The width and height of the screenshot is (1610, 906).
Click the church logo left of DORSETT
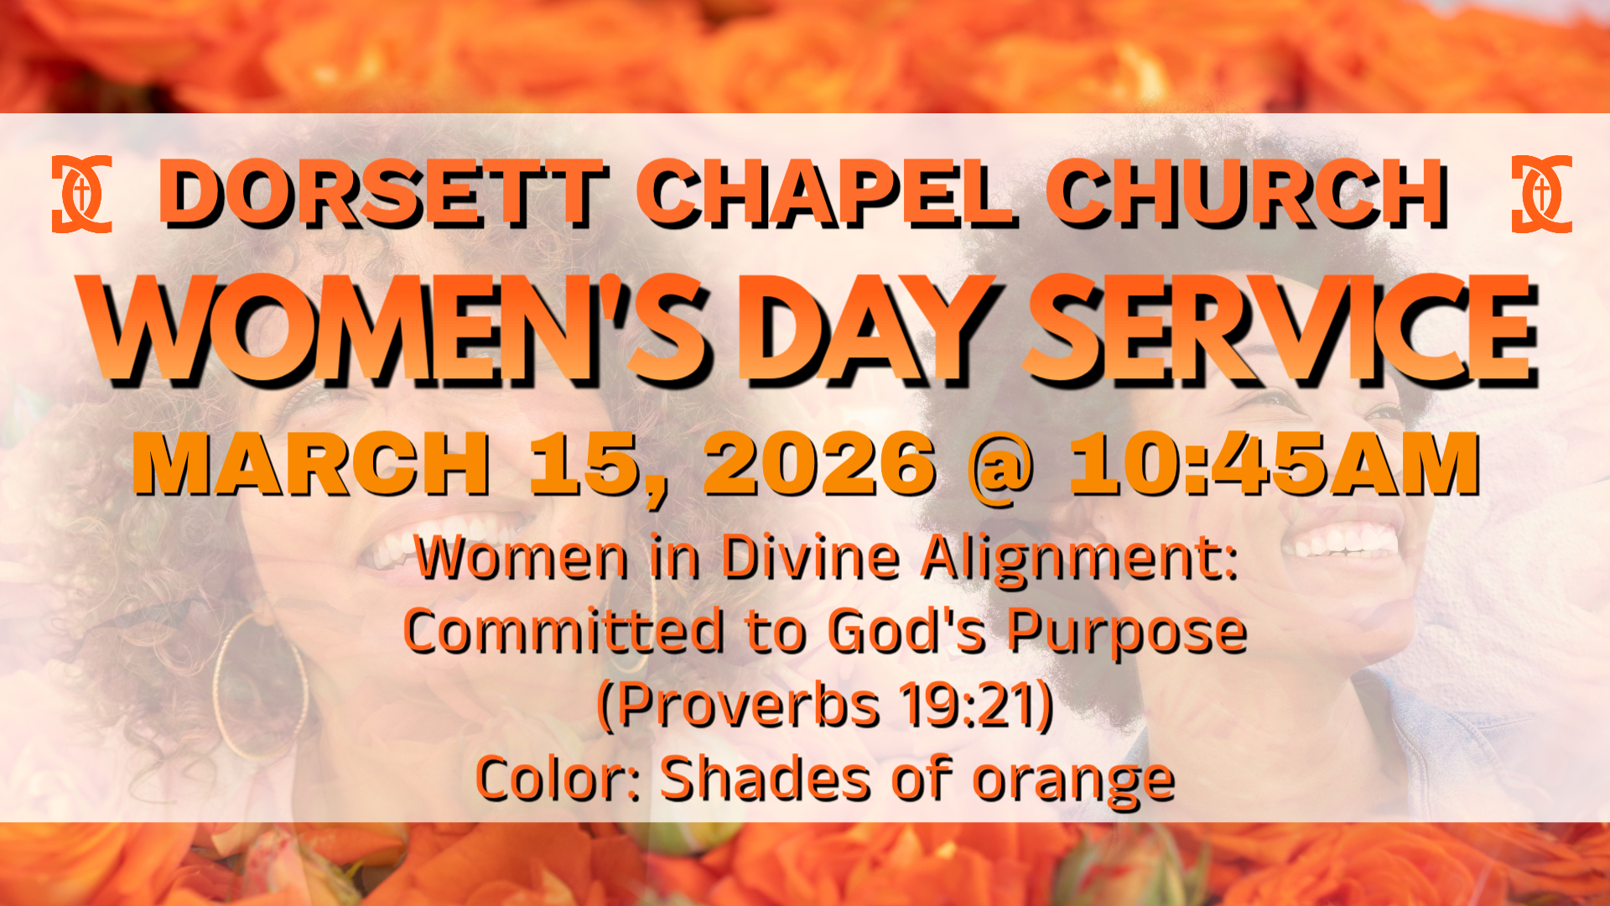(x=81, y=194)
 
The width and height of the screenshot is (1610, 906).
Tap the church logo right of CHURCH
(x=1541, y=194)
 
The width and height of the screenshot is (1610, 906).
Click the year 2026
(x=820, y=464)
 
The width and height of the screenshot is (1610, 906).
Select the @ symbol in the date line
(x=1001, y=467)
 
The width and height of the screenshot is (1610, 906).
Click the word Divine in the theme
(x=811, y=558)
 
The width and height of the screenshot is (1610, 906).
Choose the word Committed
(x=564, y=631)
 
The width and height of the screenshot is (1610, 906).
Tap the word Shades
(x=766, y=778)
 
